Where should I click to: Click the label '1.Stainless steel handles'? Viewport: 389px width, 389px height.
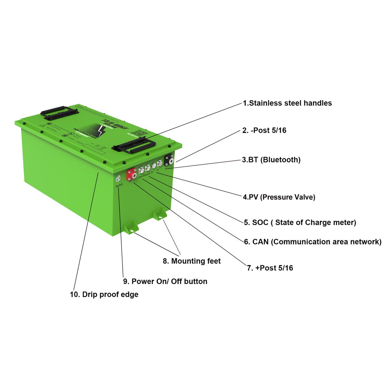tap(287, 103)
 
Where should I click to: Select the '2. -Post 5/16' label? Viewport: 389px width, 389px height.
tap(264, 130)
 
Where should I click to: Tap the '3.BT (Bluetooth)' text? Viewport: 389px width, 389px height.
tap(271, 160)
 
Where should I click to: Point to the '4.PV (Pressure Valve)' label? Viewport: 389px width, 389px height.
tap(279, 197)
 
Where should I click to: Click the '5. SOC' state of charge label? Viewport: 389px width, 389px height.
tap(300, 222)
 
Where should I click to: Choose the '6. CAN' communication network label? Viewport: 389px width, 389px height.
tap(312, 242)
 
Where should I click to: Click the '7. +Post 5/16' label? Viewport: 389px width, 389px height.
tap(270, 268)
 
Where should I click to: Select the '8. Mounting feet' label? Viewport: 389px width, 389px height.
tap(192, 261)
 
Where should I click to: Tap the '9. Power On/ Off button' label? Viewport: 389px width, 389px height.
tap(165, 281)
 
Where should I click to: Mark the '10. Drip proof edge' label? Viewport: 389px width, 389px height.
tap(104, 294)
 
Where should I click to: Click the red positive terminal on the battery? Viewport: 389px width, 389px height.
tap(131, 174)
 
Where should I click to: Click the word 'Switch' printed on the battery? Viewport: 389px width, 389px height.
tap(119, 185)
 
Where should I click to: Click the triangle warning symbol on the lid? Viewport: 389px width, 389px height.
tap(42, 125)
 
